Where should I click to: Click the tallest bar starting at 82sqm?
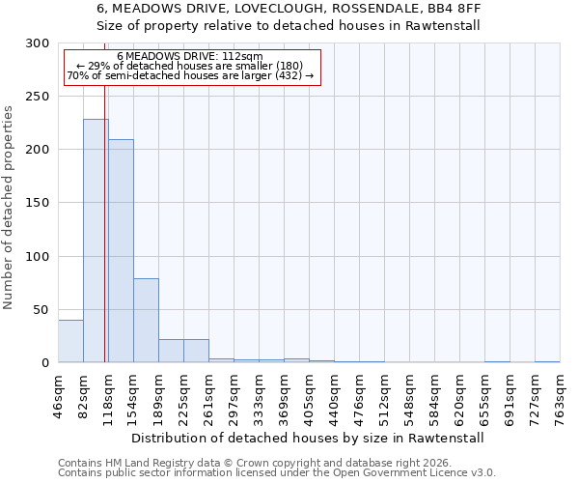point(96,241)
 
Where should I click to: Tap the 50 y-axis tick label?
point(41,310)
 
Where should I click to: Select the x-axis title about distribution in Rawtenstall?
point(307,438)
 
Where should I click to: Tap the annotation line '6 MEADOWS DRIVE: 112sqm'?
point(189,57)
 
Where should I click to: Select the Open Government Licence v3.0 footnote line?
point(277,473)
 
